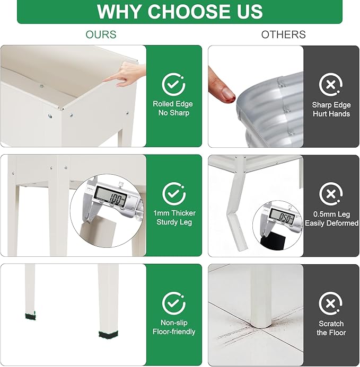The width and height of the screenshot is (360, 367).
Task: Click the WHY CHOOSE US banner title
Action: tap(180, 11)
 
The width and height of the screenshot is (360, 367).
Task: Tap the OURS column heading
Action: tap(101, 34)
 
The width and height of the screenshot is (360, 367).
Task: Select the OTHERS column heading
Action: tap(283, 34)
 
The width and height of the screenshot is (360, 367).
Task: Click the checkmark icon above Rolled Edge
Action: tap(173, 85)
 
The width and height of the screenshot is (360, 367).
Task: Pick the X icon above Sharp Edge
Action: tap(331, 85)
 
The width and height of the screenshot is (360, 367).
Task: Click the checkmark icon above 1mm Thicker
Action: tap(174, 194)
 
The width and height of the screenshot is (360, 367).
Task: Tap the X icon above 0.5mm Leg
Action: tap(331, 194)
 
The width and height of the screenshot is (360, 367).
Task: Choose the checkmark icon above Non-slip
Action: tap(174, 303)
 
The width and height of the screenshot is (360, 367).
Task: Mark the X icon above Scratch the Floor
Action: tap(330, 303)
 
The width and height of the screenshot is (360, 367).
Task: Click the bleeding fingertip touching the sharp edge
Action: tap(222, 87)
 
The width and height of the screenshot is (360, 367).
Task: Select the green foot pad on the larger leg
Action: tap(108, 335)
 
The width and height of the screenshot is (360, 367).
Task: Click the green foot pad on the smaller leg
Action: tap(30, 316)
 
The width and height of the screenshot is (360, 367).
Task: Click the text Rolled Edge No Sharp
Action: tap(173, 109)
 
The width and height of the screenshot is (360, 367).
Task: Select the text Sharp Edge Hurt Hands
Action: tap(331, 109)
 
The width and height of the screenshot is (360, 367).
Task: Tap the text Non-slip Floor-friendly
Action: tap(174, 327)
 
